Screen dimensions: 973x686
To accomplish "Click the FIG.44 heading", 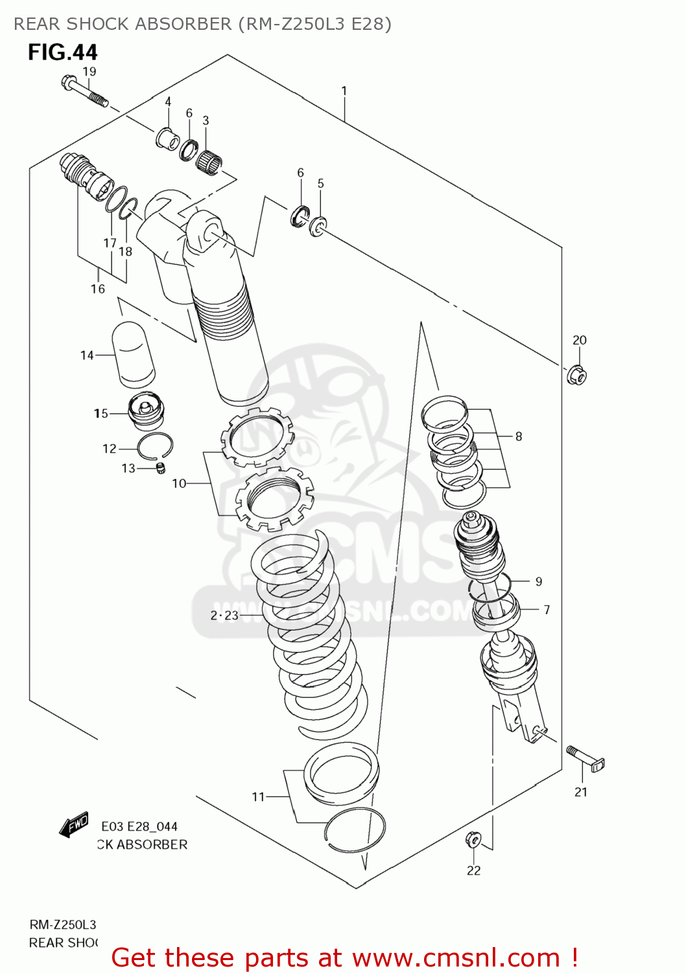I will pyautogui.click(x=62, y=52).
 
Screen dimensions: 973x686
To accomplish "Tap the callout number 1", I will pyautogui.click(x=344, y=91).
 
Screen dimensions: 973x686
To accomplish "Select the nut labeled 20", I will pyautogui.click(x=576, y=375).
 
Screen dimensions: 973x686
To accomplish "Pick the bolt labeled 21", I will pyautogui.click(x=585, y=759).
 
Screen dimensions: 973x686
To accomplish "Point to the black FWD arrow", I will pyautogui.click(x=73, y=825).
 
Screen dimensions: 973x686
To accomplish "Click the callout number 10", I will pyautogui.click(x=179, y=483).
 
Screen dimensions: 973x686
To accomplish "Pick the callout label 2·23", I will pyautogui.click(x=224, y=615).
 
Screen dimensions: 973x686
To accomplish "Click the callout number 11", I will pyautogui.click(x=258, y=797).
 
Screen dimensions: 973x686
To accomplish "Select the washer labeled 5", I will pyautogui.click(x=318, y=226).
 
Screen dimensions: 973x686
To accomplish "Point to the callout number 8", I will pyautogui.click(x=519, y=437).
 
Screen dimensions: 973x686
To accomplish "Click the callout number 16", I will pyautogui.click(x=98, y=289).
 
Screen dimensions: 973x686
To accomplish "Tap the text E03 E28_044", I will pyautogui.click(x=139, y=826).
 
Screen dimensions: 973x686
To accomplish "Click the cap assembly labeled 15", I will pyautogui.click(x=147, y=412).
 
